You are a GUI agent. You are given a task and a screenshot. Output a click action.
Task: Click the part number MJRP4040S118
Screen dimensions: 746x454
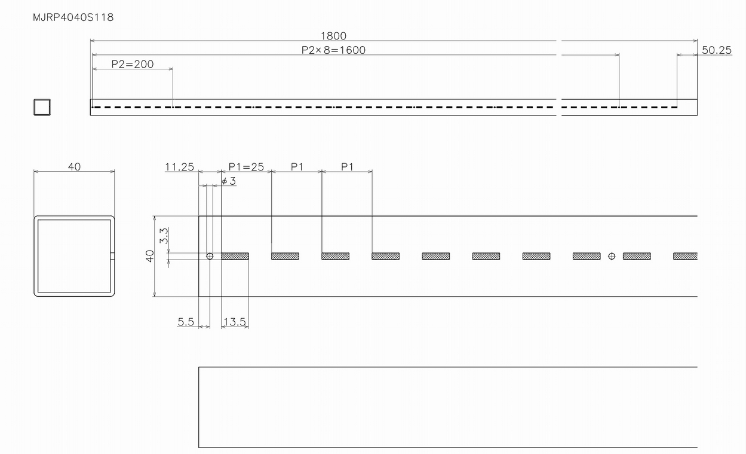tap(73, 17)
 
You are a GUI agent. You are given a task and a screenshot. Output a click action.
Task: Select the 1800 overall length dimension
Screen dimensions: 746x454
tap(333, 36)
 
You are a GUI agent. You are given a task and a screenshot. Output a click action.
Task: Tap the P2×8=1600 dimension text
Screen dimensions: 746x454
tap(333, 50)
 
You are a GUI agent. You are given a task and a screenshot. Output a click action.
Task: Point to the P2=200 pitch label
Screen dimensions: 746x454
tap(133, 64)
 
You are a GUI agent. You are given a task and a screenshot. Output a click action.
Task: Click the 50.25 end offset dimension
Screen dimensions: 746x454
tap(717, 50)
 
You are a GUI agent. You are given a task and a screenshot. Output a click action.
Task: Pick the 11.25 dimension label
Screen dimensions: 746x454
tap(180, 167)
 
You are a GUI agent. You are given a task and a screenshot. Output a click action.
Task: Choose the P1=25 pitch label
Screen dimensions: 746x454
tap(246, 167)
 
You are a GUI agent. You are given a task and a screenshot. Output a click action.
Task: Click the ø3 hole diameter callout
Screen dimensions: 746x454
tap(229, 181)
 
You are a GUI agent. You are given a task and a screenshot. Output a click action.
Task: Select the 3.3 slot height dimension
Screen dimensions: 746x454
tap(164, 236)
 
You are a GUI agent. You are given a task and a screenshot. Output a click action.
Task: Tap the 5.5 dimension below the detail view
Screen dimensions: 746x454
tap(186, 322)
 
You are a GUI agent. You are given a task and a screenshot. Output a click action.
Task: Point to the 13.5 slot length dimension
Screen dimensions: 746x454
tap(235, 322)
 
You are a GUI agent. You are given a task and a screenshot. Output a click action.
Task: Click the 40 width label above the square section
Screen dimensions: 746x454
tap(74, 167)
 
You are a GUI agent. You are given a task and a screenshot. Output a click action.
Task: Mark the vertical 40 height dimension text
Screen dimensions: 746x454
tap(150, 256)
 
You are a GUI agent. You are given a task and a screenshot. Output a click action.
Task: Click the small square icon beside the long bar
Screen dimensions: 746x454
tap(42, 107)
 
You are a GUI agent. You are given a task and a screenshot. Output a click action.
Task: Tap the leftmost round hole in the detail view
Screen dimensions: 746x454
tap(210, 256)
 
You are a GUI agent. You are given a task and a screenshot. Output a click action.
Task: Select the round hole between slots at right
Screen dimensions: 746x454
tap(612, 256)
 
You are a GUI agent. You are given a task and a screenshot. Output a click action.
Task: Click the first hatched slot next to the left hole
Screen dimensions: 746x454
tap(235, 256)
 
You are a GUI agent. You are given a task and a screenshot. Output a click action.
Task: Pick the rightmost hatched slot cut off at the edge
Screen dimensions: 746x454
tap(686, 256)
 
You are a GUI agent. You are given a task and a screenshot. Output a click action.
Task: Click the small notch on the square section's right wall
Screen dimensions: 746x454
tap(112, 256)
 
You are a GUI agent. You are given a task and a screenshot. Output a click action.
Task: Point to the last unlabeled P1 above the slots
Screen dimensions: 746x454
tap(347, 167)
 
